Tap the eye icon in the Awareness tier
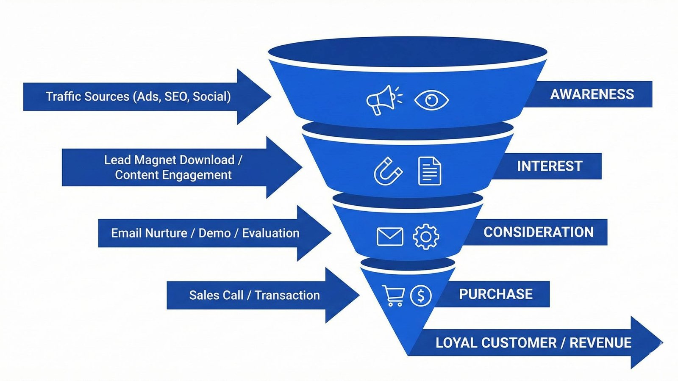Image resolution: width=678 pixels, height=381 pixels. point(431,100)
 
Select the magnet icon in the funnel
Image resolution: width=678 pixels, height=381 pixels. point(388,171)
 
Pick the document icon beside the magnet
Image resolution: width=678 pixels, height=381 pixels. point(429,171)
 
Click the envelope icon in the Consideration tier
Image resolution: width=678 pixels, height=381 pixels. point(390,237)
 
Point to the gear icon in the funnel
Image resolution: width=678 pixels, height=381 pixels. point(426,237)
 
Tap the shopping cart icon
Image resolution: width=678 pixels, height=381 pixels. point(393,295)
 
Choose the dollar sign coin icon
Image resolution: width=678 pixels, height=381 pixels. point(421,295)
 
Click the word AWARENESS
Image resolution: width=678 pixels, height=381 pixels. point(592,94)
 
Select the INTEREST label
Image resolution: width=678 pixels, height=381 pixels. point(550,166)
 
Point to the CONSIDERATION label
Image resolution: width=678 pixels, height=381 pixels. point(538,232)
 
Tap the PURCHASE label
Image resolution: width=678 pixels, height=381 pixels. point(495,294)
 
